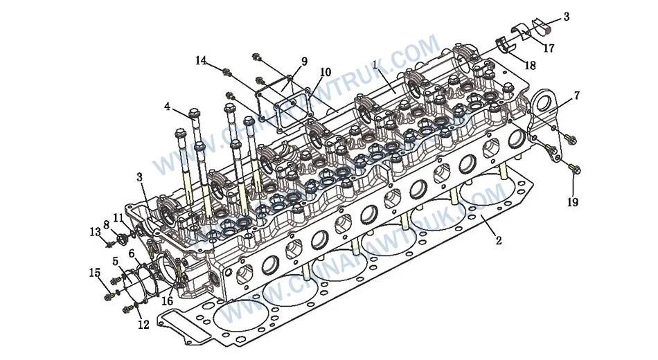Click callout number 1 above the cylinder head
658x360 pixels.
(x=375, y=64)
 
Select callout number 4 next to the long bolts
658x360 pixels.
(x=167, y=107)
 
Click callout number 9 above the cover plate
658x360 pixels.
(x=303, y=62)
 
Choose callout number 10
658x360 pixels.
(x=325, y=72)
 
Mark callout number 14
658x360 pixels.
(x=201, y=61)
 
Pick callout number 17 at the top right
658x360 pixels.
(x=549, y=48)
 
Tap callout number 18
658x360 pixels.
(x=531, y=66)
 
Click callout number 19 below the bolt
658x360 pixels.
(x=573, y=202)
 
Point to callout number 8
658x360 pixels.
(x=106, y=224)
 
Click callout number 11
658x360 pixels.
(x=118, y=218)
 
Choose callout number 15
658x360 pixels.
(x=94, y=273)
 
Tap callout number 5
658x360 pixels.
(x=116, y=262)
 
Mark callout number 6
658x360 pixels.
(x=132, y=254)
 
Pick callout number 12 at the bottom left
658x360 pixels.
(x=143, y=325)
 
